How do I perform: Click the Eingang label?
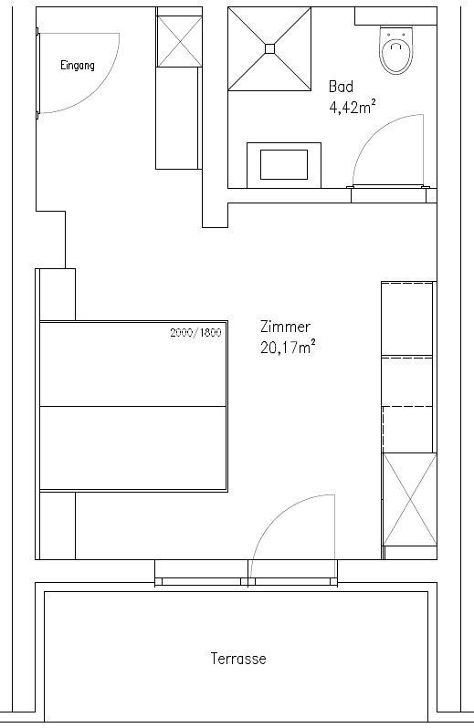pyautogui.click(x=77, y=66)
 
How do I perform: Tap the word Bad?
pyautogui.click(x=341, y=87)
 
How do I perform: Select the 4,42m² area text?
pyautogui.click(x=353, y=108)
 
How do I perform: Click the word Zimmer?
pyautogui.click(x=285, y=327)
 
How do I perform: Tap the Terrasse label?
pyautogui.click(x=238, y=659)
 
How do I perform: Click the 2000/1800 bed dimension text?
pyautogui.click(x=195, y=332)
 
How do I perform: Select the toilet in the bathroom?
pyautogui.click(x=396, y=50)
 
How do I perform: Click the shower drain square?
pyautogui.click(x=270, y=48)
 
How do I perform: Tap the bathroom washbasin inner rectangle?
pyautogui.click(x=284, y=164)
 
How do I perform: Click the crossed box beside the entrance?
pyautogui.click(x=179, y=41)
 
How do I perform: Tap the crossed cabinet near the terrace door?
pyautogui.click(x=410, y=499)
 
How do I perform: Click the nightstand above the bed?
pyautogui.click(x=58, y=295)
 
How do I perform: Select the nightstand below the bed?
pyautogui.click(x=58, y=525)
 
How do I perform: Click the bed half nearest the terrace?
pyautogui.click(x=133, y=448)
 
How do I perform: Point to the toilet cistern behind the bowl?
pyautogui.click(x=396, y=16)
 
